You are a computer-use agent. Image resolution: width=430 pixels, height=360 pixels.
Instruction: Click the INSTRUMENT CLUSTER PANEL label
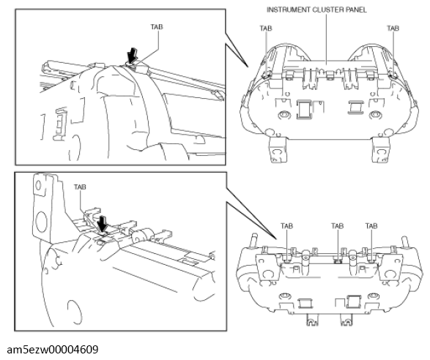tap(316, 10)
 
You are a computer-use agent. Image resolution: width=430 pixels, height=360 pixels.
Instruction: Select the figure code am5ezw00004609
tap(53, 350)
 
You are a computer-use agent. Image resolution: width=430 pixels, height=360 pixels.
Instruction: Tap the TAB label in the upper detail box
tap(157, 27)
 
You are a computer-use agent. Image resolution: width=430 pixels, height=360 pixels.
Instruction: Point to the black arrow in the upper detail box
tap(133, 56)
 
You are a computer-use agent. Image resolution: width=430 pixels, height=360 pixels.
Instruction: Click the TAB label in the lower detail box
tap(80, 187)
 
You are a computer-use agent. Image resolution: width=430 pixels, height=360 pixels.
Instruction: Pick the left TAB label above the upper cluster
tap(266, 29)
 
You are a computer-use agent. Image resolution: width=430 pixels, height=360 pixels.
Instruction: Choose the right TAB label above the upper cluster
tap(393, 29)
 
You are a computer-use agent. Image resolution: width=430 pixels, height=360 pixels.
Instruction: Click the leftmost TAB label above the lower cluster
tap(286, 226)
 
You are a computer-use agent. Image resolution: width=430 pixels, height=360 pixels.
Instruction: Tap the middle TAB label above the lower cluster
tap(337, 226)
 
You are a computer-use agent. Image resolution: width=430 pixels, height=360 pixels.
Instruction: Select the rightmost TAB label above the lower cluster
tap(371, 226)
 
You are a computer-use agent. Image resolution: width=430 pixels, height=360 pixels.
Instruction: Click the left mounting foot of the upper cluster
tap(278, 149)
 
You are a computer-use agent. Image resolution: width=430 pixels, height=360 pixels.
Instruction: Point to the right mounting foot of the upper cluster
tap(381, 149)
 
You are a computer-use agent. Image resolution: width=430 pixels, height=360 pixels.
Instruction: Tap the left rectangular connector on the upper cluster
tap(304, 110)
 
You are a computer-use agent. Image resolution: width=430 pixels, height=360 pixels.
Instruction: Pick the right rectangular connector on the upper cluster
tap(356, 107)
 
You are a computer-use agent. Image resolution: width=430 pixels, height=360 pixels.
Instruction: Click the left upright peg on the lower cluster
tap(255, 240)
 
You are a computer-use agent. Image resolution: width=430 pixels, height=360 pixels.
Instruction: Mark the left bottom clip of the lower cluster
tap(312, 320)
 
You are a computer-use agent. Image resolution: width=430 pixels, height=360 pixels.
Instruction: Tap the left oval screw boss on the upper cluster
tap(283, 114)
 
